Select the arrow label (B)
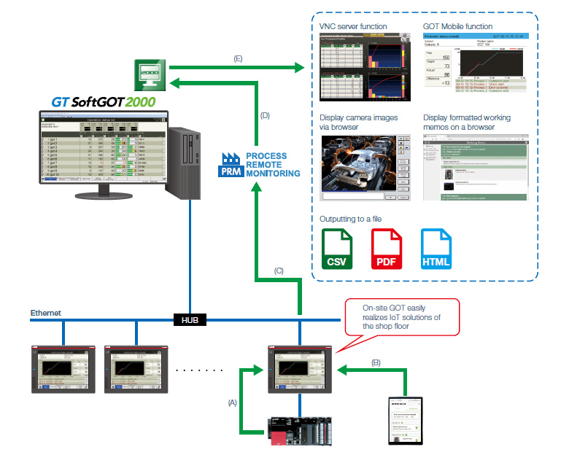(376, 362)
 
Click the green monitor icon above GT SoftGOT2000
(150, 74)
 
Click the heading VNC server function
(353, 26)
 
